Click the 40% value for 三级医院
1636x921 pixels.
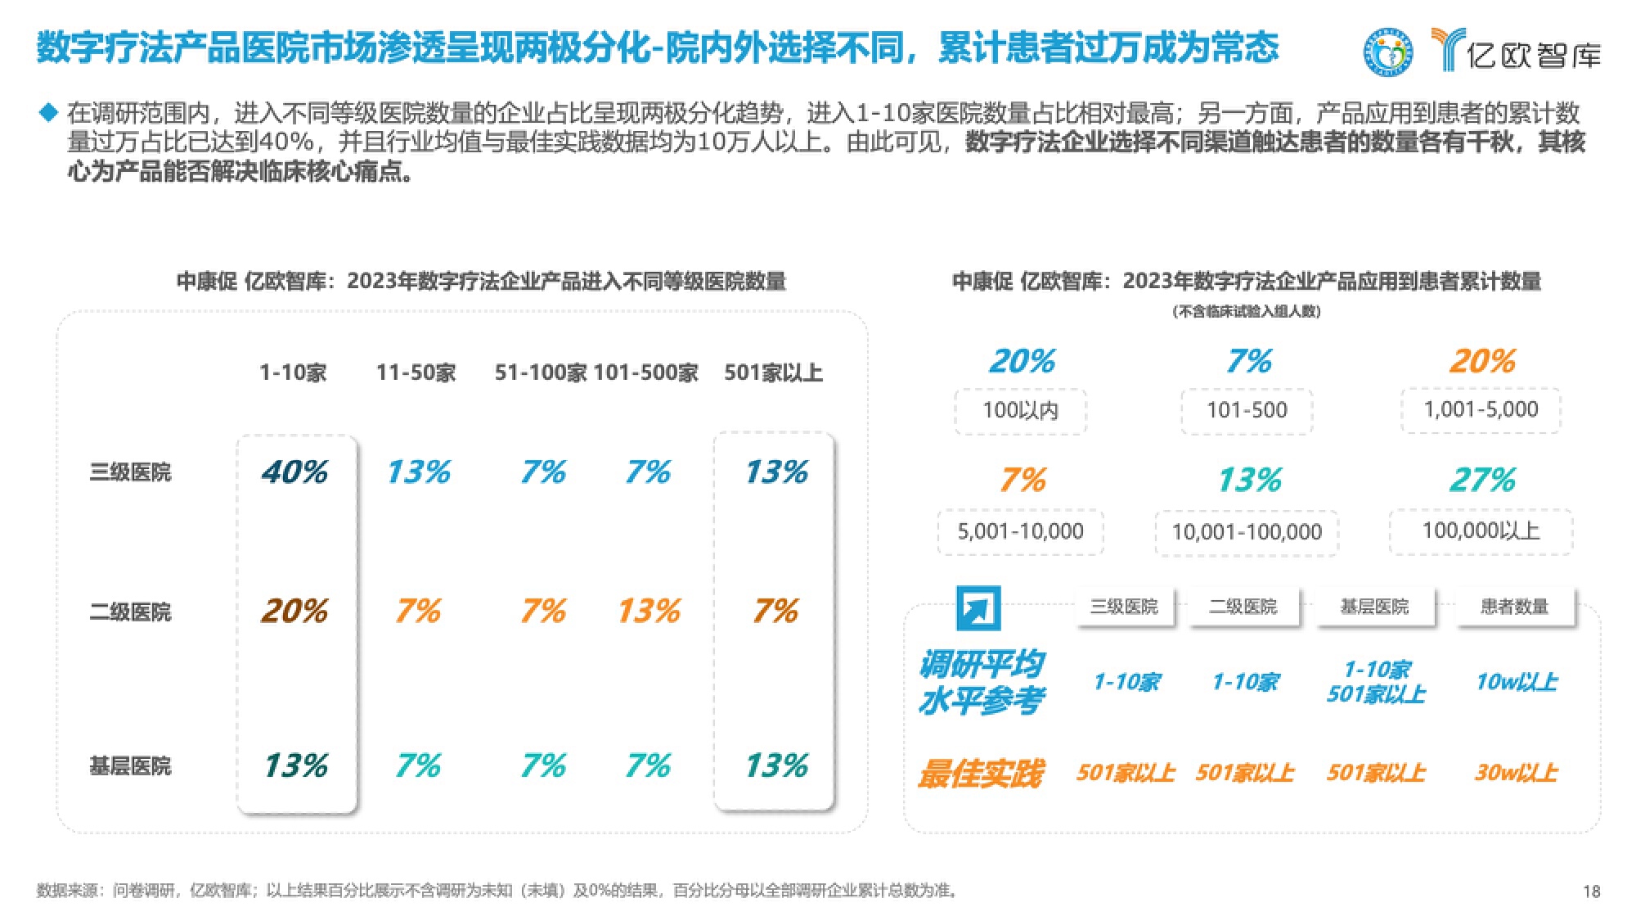pyautogui.click(x=294, y=472)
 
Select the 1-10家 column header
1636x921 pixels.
pyautogui.click(x=293, y=373)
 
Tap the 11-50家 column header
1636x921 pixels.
pyautogui.click(x=416, y=373)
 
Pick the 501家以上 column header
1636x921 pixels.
pyautogui.click(x=773, y=373)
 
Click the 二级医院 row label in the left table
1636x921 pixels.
pyautogui.click(x=130, y=612)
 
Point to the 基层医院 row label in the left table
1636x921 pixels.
pyautogui.click(x=130, y=766)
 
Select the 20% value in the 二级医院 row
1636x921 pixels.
pyautogui.click(x=294, y=612)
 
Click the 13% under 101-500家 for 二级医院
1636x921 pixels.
pyautogui.click(x=649, y=612)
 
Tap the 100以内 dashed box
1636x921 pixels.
pyautogui.click(x=1020, y=410)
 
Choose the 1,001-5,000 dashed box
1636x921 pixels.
pyautogui.click(x=1481, y=409)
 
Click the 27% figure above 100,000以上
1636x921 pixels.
pyautogui.click(x=1482, y=481)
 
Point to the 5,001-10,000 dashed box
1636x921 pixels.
pyautogui.click(x=1020, y=532)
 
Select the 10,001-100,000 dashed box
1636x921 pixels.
pyautogui.click(x=1247, y=533)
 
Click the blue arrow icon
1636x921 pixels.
pyautogui.click(x=978, y=608)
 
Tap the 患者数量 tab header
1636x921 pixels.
pyautogui.click(x=1515, y=607)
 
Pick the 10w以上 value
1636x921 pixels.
pyautogui.click(x=1516, y=682)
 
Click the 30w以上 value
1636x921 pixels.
pyautogui.click(x=1516, y=773)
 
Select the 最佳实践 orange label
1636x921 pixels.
pyautogui.click(x=980, y=774)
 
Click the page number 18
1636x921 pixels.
pyautogui.click(x=1591, y=892)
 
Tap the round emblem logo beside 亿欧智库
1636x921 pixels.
pyautogui.click(x=1388, y=52)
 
